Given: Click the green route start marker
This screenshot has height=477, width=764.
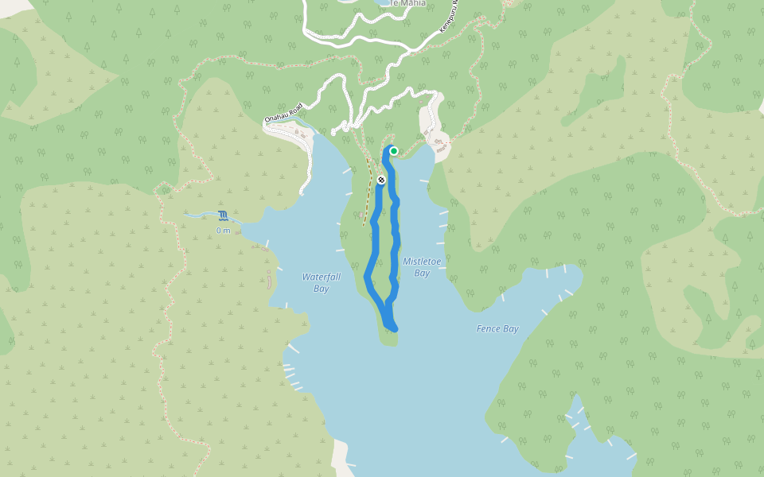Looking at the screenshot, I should pos(393,151).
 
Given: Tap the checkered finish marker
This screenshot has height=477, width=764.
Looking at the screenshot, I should pos(382,180).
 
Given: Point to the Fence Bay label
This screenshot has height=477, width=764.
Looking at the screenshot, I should pos(497,328).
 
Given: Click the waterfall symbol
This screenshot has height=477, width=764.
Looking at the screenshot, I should pos(223,215).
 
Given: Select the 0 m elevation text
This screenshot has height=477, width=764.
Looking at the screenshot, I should pos(223,231).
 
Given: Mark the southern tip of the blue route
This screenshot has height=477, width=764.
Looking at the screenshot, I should pos(392,328).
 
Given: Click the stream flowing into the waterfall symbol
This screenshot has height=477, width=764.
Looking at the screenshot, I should pos(199,215).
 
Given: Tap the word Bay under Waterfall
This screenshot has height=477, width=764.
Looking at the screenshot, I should pos(321,289).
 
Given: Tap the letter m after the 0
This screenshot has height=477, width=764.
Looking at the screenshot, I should pos(227,231).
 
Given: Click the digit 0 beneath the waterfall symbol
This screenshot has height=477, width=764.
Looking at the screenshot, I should pos(219,231).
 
